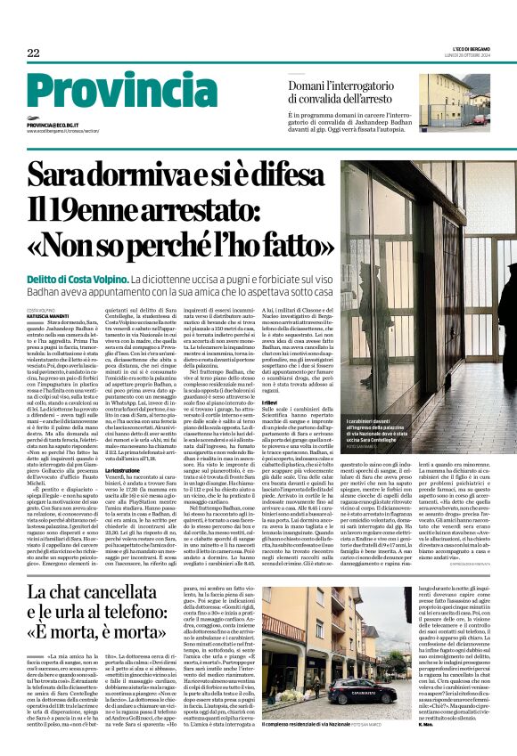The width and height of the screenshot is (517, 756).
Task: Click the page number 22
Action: click(33, 53)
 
